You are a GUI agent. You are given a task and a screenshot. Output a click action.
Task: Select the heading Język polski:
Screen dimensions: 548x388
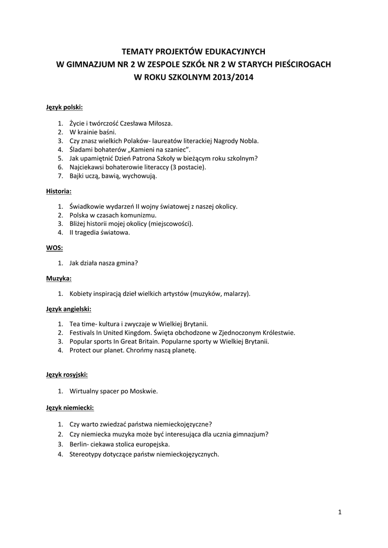click(x=64, y=107)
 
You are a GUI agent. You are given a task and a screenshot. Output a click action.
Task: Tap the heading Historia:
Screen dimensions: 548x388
click(x=59, y=191)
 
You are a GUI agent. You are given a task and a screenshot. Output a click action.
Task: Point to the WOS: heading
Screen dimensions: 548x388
click(x=55, y=248)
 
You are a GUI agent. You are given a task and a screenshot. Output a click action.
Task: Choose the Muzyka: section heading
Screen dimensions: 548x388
click(x=59, y=278)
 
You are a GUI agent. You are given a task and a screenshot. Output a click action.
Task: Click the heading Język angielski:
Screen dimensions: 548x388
click(x=69, y=309)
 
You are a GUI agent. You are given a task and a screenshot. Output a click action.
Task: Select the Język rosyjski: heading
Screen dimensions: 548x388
click(x=67, y=375)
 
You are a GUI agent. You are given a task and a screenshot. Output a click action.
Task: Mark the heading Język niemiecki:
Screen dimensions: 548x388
click(x=70, y=408)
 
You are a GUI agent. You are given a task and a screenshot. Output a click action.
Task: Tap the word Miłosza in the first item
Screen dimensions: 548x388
click(x=161, y=123)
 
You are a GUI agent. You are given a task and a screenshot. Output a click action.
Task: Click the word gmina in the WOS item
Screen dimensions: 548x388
click(x=126, y=263)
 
